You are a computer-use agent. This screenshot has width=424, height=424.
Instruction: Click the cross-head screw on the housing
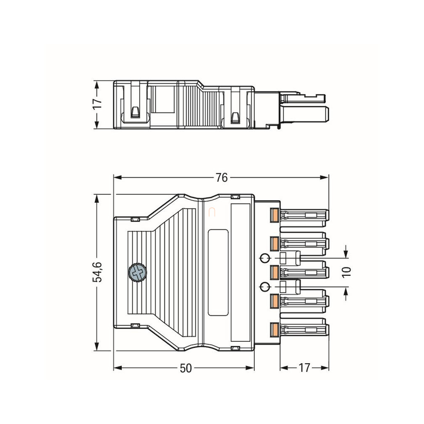[137, 272]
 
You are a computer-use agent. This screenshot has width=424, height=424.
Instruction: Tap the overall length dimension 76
[222, 178]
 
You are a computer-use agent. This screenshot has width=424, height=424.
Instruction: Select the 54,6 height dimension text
[97, 272]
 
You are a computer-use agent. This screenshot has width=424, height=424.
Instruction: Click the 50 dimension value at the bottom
[186, 368]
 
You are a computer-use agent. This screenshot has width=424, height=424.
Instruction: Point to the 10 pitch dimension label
[346, 272]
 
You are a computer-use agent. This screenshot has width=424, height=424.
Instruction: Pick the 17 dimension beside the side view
[97, 104]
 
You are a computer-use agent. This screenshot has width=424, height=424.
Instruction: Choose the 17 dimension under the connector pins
[304, 368]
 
